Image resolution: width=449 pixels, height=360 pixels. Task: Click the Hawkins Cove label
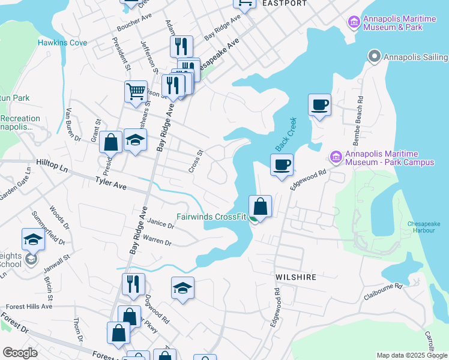[x=62, y=43]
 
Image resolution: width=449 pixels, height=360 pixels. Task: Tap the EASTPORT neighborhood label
[x=285, y=3]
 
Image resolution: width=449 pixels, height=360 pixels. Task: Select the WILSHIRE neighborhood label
[x=295, y=278]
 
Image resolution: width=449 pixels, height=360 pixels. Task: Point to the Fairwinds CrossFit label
[x=211, y=217]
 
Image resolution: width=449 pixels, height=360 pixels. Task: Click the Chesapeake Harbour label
[x=424, y=227]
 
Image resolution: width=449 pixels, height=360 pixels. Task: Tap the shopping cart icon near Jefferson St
[x=136, y=92]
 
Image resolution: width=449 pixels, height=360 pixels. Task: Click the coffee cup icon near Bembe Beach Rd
[x=320, y=106]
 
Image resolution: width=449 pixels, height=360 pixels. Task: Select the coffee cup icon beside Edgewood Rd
[x=282, y=164]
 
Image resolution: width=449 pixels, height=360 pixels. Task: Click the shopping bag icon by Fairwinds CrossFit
[x=261, y=206]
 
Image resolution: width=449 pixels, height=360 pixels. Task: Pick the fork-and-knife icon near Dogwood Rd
[x=133, y=284]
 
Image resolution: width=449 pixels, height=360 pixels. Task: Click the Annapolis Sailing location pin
[x=375, y=57]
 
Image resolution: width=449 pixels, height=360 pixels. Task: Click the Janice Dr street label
[x=160, y=224]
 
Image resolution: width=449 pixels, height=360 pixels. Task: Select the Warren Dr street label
[x=158, y=241]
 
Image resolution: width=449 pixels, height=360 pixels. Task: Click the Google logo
[x=20, y=353]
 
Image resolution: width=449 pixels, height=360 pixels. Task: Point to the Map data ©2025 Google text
[x=411, y=355]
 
